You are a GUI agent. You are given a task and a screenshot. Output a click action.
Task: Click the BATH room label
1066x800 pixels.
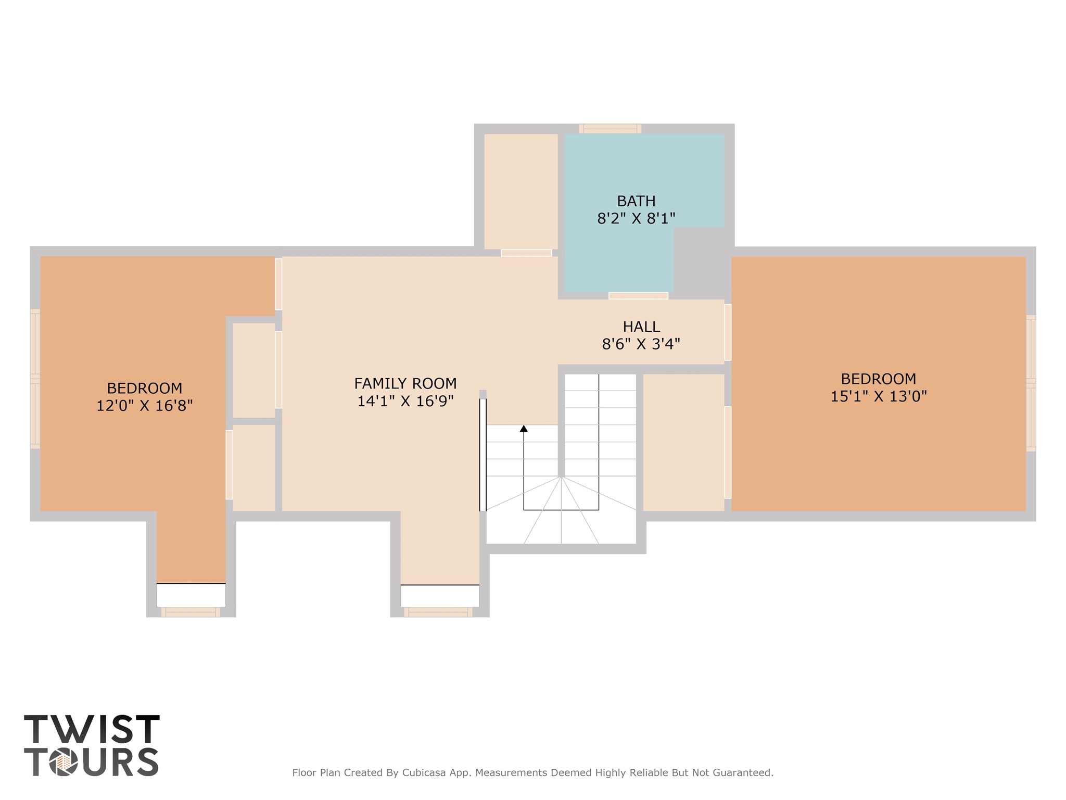coord(636,201)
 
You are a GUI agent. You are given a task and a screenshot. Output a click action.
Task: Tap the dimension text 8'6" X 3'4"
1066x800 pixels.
coord(641,344)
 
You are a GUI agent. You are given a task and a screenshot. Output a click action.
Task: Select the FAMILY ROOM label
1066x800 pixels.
coord(405,383)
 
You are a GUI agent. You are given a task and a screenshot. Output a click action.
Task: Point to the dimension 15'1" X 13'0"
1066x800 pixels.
coord(878,396)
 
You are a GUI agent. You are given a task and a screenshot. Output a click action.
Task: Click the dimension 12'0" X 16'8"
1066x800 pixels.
coord(144,406)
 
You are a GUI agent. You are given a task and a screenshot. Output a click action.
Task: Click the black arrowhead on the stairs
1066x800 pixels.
coord(524,429)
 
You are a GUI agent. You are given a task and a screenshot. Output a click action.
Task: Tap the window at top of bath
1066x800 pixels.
coord(610,128)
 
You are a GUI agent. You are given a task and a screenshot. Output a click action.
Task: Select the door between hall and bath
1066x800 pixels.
coord(638,296)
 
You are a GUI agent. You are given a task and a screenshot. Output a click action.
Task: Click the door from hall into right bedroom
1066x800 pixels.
coord(728,332)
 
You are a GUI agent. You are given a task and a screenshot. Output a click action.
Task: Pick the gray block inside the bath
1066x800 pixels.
coord(699,260)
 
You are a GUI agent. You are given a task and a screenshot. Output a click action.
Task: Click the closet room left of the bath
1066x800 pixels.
coord(521,191)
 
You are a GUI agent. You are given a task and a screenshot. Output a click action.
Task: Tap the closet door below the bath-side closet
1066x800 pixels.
coord(526,253)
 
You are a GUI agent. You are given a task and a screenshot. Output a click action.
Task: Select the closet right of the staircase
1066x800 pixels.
coord(683,442)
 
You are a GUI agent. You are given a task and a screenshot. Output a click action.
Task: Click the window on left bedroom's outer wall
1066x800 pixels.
coord(35,379)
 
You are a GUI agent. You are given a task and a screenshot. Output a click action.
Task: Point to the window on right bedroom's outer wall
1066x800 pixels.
coord(1031,383)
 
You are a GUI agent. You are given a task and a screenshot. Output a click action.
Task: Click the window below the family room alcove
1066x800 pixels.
coord(438,612)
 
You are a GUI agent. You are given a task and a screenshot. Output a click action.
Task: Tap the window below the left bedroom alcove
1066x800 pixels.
coord(191,612)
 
